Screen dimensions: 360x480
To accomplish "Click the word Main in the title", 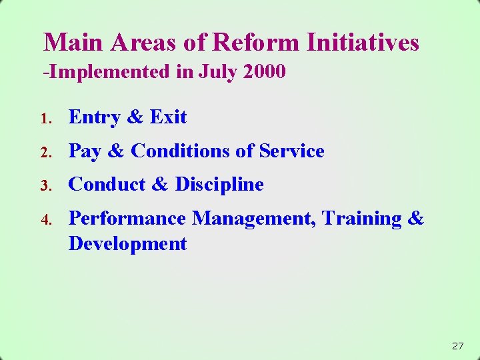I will [74, 43].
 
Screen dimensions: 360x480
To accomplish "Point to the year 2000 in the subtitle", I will [265, 71].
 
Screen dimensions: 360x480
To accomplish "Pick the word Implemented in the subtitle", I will [110, 71].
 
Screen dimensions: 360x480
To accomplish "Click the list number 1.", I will [45, 119].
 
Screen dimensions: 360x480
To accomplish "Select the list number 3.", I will [45, 186].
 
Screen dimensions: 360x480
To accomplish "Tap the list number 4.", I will [45, 220].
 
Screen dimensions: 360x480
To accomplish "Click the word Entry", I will [95, 117].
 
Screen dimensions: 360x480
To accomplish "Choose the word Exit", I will [168, 117].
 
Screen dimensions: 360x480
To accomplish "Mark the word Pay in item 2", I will [85, 151].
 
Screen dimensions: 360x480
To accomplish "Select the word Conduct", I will [109, 185].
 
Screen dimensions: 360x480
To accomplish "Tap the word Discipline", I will [219, 185].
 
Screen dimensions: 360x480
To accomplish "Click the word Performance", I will [128, 219].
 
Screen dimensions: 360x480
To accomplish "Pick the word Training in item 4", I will [360, 219].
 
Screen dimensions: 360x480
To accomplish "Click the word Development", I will [127, 244].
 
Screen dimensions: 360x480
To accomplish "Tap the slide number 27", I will [457, 346].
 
